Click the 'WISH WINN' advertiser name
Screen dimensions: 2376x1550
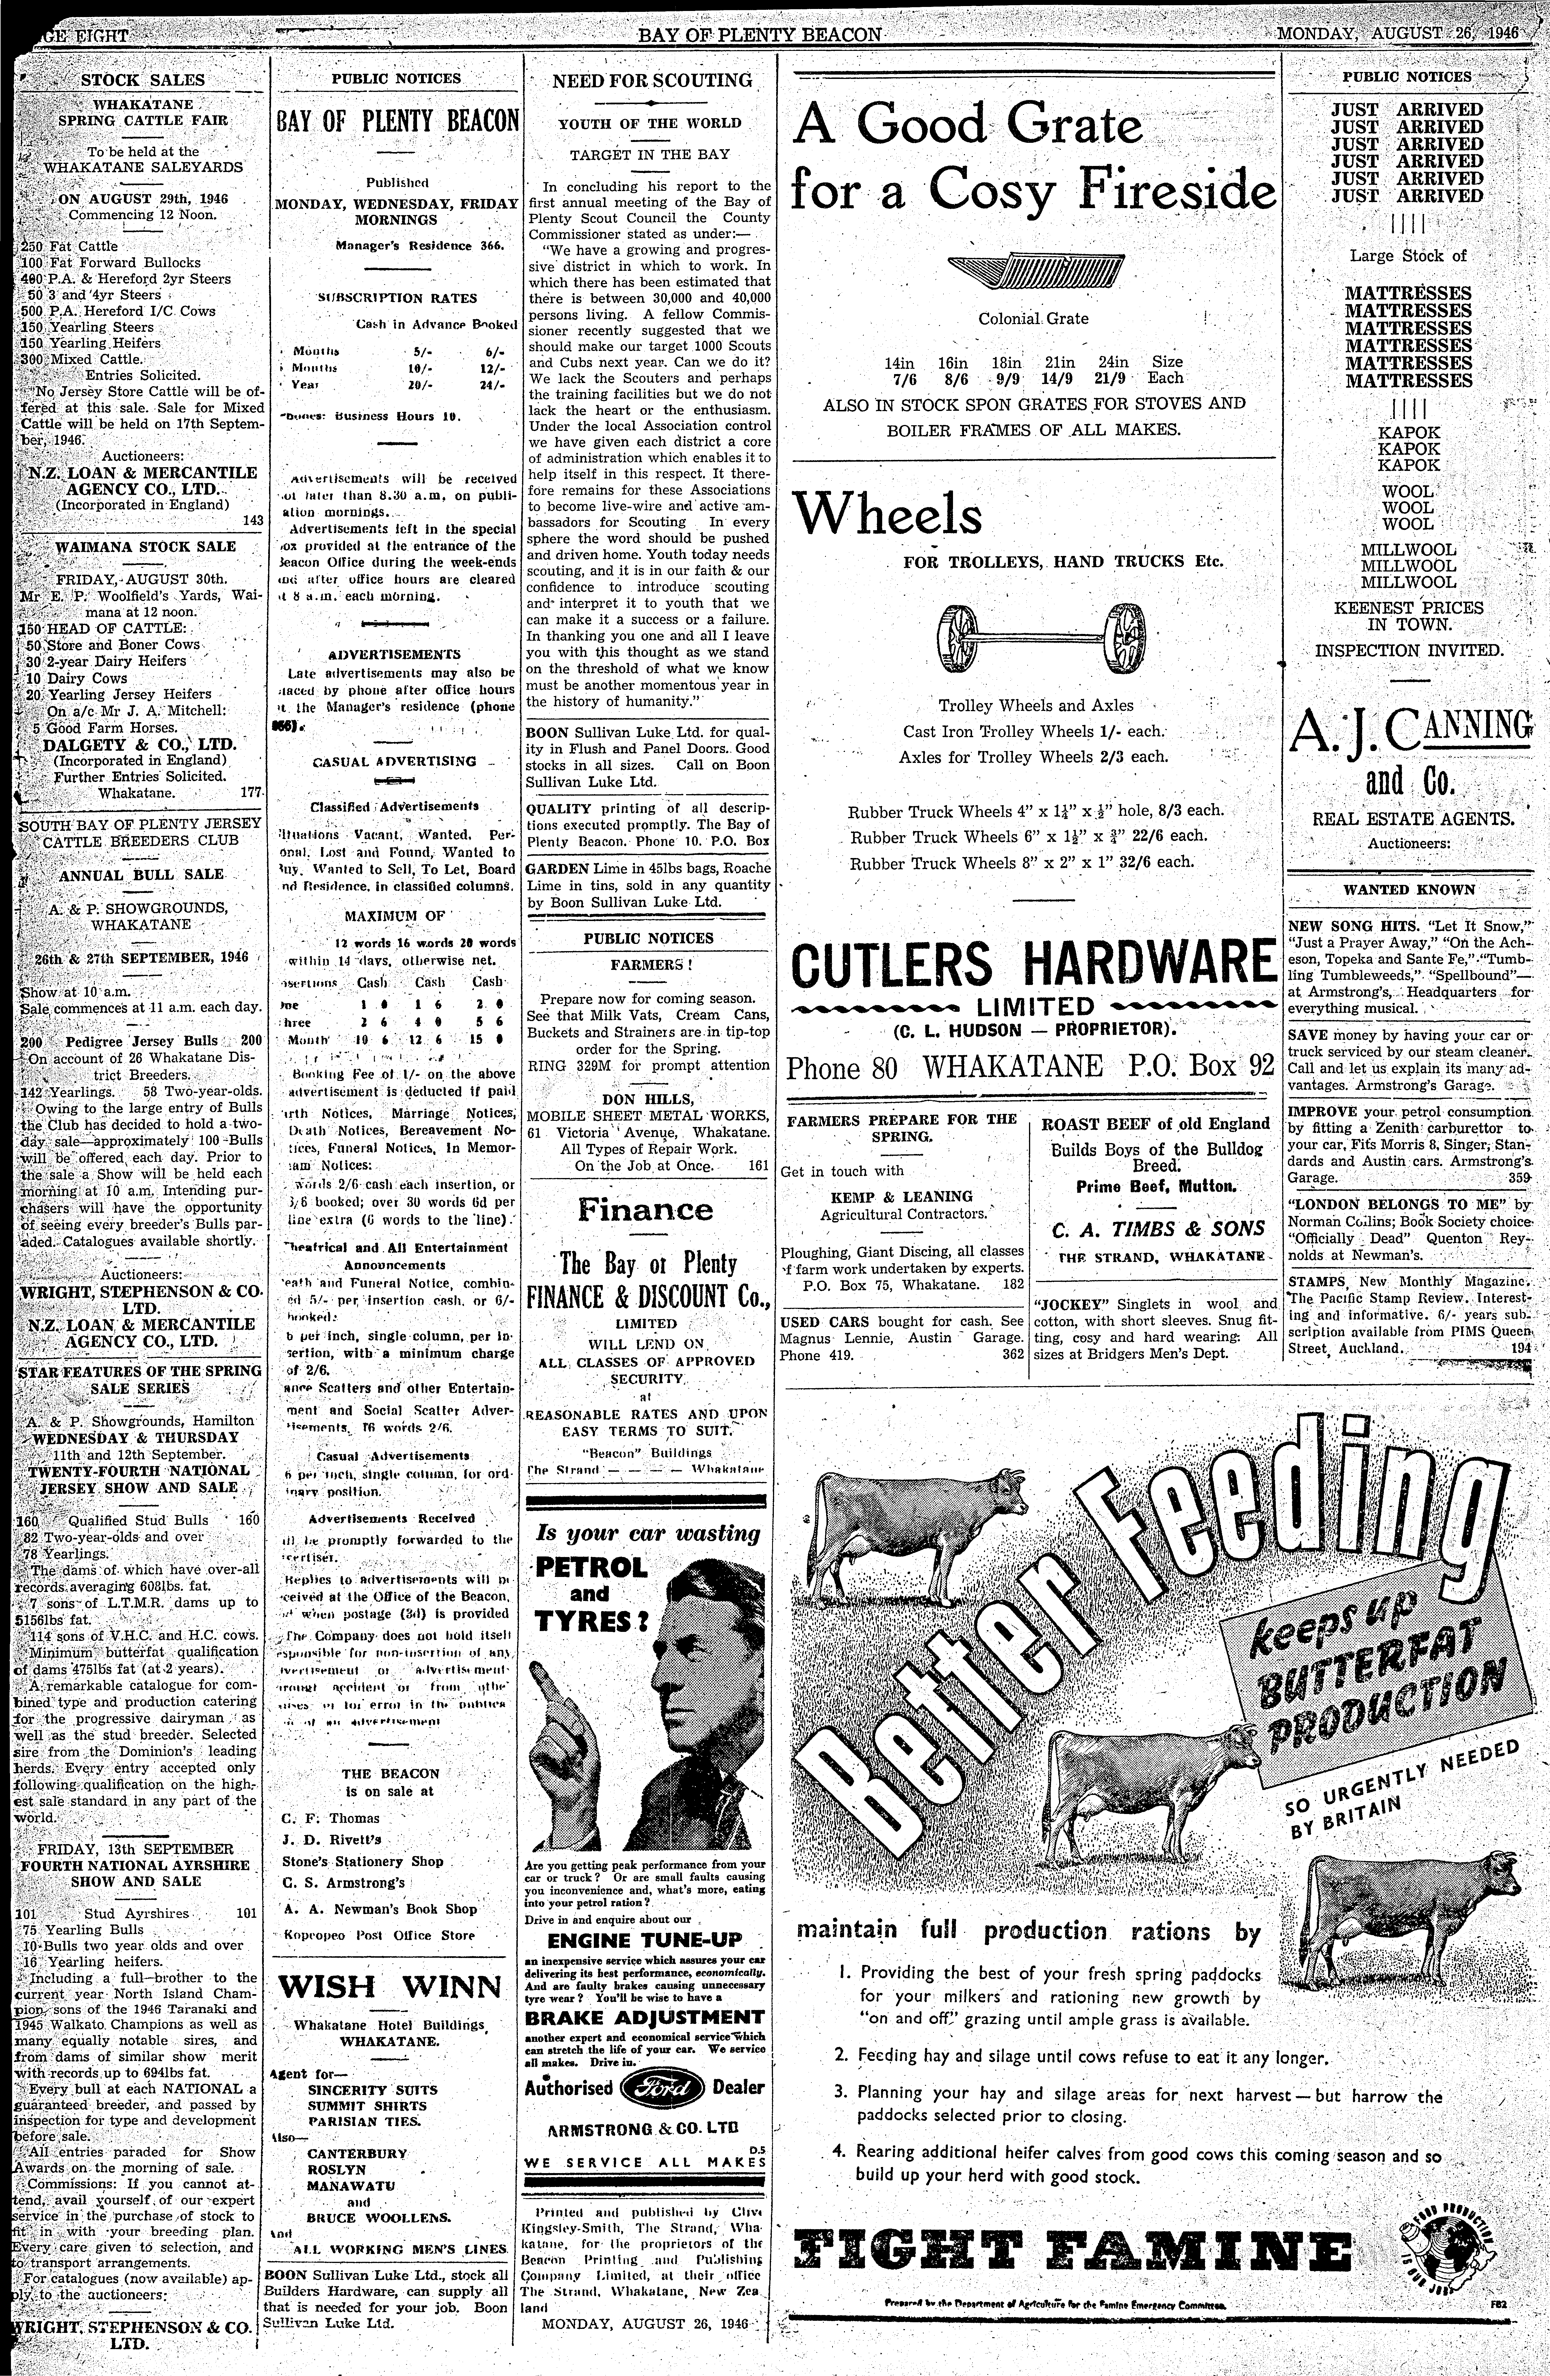[389, 1987]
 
